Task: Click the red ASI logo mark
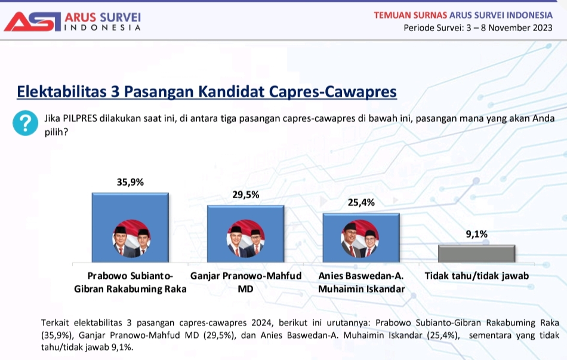pos(33,21)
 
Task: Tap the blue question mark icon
pos(25,123)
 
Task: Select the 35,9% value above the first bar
pos(130,182)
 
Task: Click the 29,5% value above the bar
pos(245,195)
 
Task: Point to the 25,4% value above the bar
pos(361,202)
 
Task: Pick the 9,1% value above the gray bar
pos(477,234)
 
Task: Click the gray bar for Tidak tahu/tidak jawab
pos(477,254)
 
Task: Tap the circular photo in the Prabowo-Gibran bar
pos(131,239)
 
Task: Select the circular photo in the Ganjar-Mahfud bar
pos(245,239)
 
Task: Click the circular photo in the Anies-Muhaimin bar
pos(360,239)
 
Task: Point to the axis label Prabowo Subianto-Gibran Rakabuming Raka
pos(130,282)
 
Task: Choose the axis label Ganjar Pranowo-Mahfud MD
pos(246,282)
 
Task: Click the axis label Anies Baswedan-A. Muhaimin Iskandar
pos(361,282)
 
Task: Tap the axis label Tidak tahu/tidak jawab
pos(477,276)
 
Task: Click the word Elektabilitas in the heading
pos(62,91)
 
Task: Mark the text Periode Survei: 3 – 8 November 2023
pos(478,28)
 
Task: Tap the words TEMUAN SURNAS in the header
pos(411,15)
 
